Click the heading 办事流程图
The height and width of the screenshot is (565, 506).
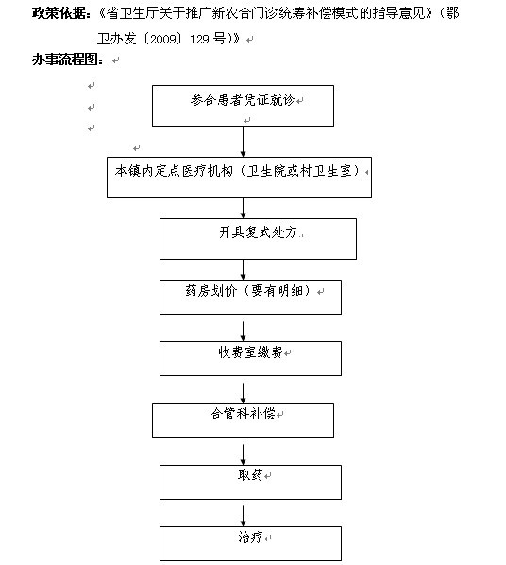pyautogui.click(x=65, y=60)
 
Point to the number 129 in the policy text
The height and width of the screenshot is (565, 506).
pyautogui.click(x=199, y=39)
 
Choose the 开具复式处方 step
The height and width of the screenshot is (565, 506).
pyautogui.click(x=258, y=232)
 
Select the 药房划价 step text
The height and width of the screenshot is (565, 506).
pyautogui.click(x=211, y=290)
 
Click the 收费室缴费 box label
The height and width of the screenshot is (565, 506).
pyautogui.click(x=251, y=352)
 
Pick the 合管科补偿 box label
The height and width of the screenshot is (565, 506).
pyautogui.click(x=243, y=413)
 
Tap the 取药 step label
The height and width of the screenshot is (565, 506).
pyautogui.click(x=250, y=475)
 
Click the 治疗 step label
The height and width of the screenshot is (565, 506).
pyautogui.click(x=250, y=537)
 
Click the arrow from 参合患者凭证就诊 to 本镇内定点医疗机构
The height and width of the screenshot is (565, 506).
pyautogui.click(x=244, y=142)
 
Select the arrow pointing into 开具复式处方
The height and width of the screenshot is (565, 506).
pyautogui.click(x=244, y=208)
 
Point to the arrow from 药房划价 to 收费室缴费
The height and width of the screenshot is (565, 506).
pyautogui.click(x=244, y=332)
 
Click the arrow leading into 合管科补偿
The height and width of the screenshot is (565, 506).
pyautogui.click(x=244, y=393)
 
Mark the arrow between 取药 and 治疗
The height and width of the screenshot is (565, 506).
pyautogui.click(x=244, y=517)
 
